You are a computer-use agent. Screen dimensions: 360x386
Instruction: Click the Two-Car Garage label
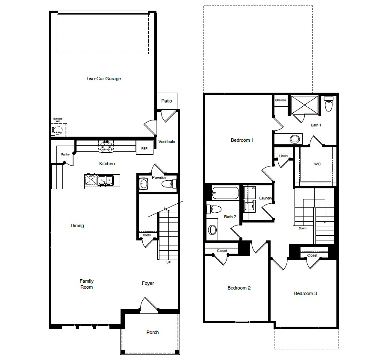[103, 79]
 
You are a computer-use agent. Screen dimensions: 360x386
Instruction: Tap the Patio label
[167, 101]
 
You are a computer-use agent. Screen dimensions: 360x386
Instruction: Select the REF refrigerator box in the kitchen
[144, 148]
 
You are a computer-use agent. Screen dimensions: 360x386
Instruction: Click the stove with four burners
[106, 146]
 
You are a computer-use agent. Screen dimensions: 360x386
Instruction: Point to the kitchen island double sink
[105, 181]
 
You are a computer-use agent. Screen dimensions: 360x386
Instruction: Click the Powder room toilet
[168, 184]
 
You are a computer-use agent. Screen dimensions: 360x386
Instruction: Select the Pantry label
[65, 154]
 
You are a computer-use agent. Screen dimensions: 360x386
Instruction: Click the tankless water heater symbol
[59, 129]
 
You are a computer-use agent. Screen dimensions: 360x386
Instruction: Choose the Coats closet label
[147, 235]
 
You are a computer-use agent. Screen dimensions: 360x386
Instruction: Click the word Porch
[153, 332]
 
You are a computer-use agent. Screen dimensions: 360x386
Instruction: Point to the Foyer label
[148, 283]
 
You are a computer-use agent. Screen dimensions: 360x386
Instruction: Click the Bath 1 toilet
[328, 105]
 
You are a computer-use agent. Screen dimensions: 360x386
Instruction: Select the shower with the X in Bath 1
[304, 105]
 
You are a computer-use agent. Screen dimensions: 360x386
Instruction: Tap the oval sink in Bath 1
[295, 139]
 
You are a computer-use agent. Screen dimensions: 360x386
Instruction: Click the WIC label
[318, 164]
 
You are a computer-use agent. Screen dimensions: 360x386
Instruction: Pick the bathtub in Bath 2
[225, 193]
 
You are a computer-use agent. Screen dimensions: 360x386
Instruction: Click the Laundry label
[266, 198]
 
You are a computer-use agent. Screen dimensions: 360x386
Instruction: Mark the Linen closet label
[283, 156]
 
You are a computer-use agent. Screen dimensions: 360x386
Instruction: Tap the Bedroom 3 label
[305, 293]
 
